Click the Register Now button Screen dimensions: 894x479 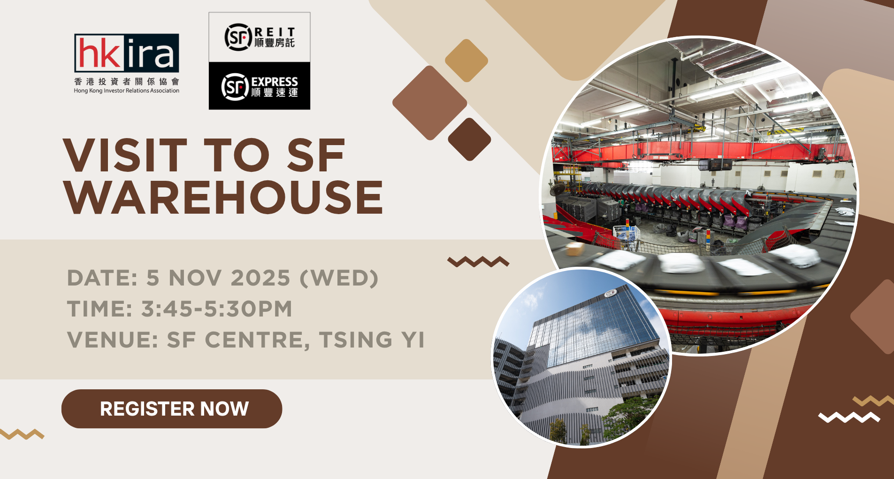tap(172, 409)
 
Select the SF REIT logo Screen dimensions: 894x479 tap(260, 37)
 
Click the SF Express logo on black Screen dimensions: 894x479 tap(260, 86)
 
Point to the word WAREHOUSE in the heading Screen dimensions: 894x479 tap(224, 197)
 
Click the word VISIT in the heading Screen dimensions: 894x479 tap(125, 155)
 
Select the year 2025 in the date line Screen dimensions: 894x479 tap(260, 278)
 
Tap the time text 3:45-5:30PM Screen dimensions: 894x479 tap(217, 309)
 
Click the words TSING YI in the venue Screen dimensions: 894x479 tap(372, 340)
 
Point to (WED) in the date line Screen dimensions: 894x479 tap(339, 278)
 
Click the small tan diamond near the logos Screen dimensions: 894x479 tap(466, 61)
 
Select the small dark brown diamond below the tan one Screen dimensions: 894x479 tap(469, 139)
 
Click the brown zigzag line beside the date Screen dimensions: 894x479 tap(478, 262)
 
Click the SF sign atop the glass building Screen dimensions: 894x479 tap(611, 294)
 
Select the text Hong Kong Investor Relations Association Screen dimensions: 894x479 tap(127, 91)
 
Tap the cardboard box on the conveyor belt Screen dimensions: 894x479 tap(575, 248)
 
